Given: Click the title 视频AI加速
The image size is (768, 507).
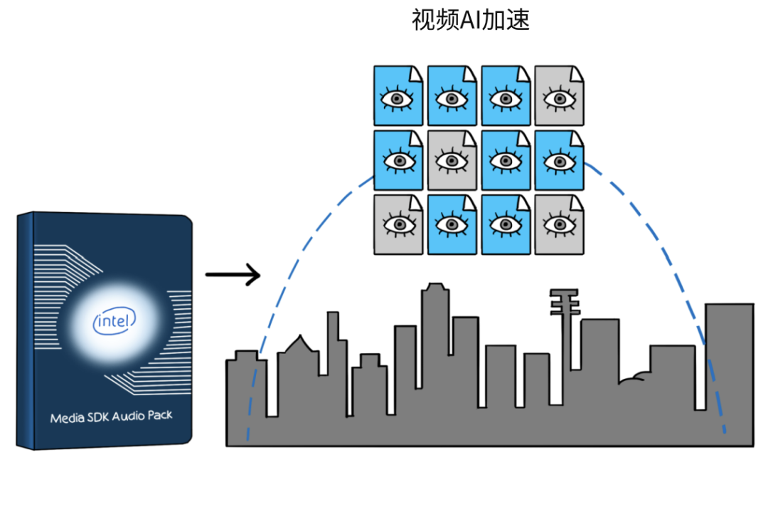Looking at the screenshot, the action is [x=470, y=20].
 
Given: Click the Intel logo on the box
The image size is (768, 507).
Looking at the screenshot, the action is [x=114, y=321].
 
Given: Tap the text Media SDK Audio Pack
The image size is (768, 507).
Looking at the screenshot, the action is [x=111, y=417].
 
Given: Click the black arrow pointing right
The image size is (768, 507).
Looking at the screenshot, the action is [x=233, y=275].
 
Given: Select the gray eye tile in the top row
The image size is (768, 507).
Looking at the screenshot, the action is [x=560, y=95].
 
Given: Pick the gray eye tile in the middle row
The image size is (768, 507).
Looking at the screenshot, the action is [x=452, y=160].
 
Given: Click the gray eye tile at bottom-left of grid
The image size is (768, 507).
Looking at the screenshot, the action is [x=398, y=224].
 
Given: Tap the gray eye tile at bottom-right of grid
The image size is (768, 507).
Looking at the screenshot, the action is [x=560, y=224].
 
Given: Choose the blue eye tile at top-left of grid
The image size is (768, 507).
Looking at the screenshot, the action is [x=398, y=95].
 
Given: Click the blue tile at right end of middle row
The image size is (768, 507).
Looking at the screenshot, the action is [x=560, y=160].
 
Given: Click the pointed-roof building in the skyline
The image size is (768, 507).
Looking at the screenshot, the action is [x=298, y=372].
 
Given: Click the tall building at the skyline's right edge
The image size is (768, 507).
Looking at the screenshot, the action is [x=730, y=372].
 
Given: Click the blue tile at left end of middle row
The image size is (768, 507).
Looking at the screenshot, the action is [x=398, y=160].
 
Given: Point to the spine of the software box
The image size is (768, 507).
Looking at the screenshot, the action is [x=26, y=331].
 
